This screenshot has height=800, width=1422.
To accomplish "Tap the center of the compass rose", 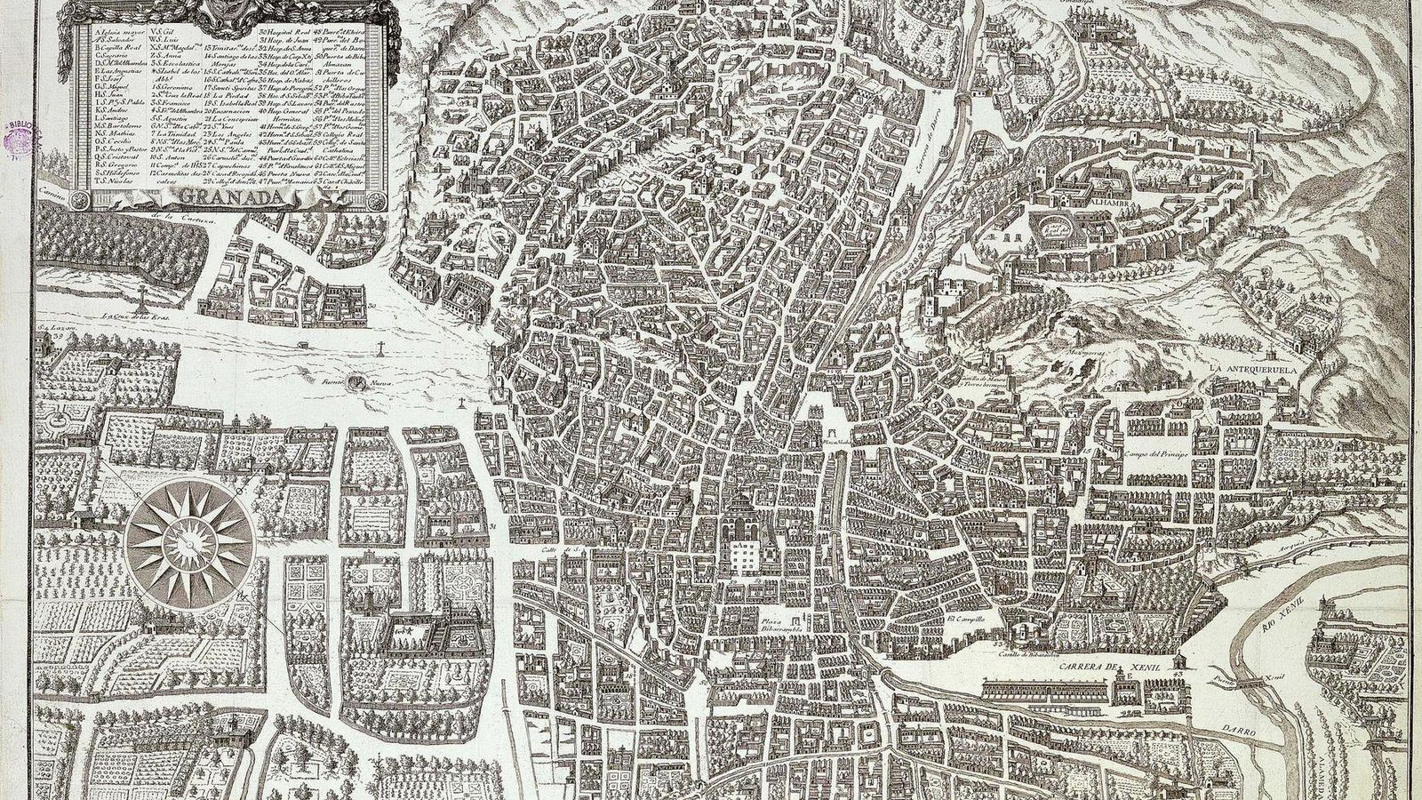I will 188,535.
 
